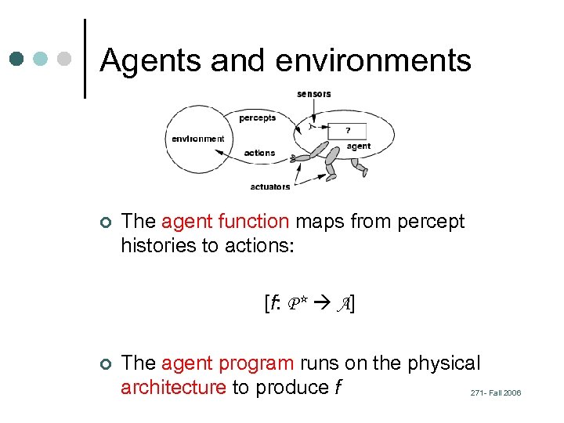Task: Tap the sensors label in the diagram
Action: (x=313, y=94)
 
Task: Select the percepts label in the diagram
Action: (x=258, y=118)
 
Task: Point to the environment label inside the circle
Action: (x=198, y=139)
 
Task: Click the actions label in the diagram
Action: (x=259, y=153)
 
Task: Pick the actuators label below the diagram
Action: (x=270, y=186)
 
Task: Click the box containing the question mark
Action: (x=348, y=131)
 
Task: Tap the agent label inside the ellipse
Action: (x=359, y=146)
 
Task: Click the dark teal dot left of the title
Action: (x=17, y=59)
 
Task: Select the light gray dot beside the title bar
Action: (x=65, y=59)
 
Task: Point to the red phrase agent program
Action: (x=228, y=363)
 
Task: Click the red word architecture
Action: (x=173, y=387)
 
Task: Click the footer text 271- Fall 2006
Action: (x=496, y=392)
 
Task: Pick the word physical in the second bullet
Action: (x=443, y=363)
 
